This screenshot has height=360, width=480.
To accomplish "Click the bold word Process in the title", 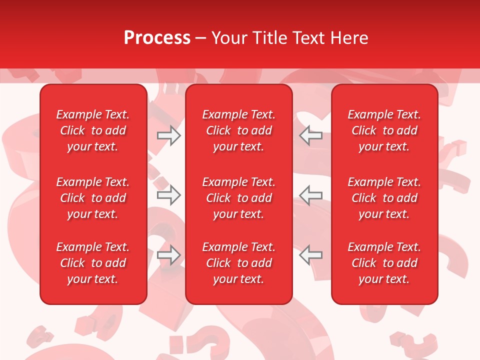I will point(157,38).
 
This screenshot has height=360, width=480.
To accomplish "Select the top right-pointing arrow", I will point(169,135).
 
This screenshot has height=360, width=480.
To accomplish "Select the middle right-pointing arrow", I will point(169,195).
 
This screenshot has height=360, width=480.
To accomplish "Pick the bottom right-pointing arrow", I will point(169,255).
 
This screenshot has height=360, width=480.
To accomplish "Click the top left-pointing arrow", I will point(310,135).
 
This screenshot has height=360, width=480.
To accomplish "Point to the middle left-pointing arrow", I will point(310,195).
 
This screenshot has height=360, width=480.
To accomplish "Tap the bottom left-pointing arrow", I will point(310,255).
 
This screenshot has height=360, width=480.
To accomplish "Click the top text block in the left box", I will point(93,130).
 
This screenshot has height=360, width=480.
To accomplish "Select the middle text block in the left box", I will point(93,198).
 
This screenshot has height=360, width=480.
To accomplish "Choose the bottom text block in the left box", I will point(93,263).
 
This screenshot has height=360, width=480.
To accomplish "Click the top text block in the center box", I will point(238,130).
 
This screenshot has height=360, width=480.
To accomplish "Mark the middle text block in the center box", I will point(238,198).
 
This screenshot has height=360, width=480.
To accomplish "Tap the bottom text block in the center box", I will point(238,263).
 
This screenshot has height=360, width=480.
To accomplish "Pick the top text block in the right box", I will point(384,130).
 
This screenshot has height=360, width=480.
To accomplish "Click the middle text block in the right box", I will point(384,198).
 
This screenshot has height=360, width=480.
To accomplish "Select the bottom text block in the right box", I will point(384,263).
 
